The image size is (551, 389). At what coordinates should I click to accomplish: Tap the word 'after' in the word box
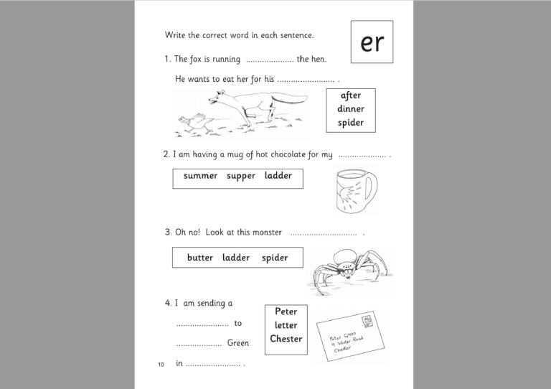351,95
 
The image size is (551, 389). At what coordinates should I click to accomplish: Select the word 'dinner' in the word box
351,109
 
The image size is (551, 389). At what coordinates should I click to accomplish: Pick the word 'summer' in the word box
200,176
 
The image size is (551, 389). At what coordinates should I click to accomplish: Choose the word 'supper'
241,176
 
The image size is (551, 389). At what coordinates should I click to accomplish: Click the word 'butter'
200,258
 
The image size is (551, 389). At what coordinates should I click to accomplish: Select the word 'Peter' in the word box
286,311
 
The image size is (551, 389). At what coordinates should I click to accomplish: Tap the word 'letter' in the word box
286,325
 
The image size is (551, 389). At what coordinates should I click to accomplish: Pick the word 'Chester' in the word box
286,339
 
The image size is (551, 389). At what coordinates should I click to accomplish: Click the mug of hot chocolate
352,190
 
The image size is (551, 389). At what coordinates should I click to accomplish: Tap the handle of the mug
371,187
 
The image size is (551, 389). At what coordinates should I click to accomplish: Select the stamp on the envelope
368,320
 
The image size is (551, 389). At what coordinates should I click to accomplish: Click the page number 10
161,365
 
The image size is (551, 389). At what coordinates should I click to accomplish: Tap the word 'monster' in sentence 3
267,233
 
